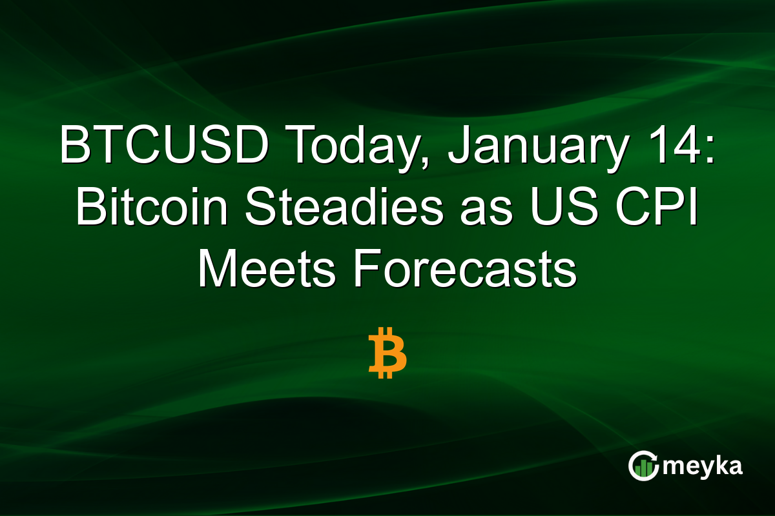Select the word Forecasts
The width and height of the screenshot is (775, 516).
(x=464, y=271)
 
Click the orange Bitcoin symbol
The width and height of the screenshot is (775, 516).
(x=387, y=352)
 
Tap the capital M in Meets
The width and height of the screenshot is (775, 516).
(x=216, y=271)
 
